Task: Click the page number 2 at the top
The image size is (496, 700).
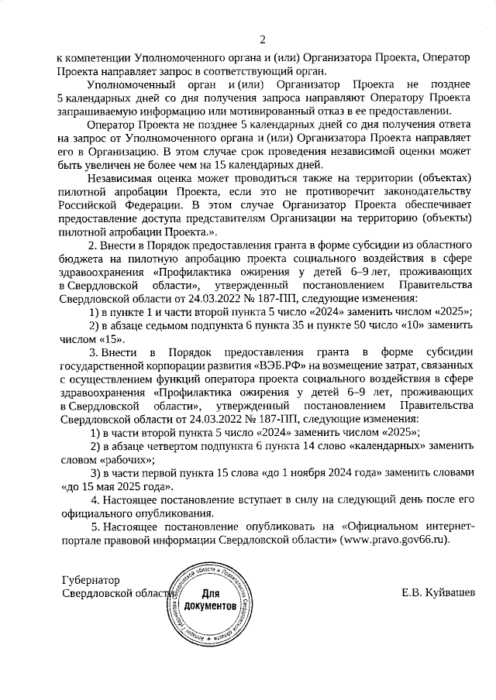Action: pyautogui.click(x=262, y=39)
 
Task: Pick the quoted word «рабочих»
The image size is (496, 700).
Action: pyautogui.click(x=87, y=459)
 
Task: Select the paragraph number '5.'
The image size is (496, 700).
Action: pyautogui.click(x=95, y=526)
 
